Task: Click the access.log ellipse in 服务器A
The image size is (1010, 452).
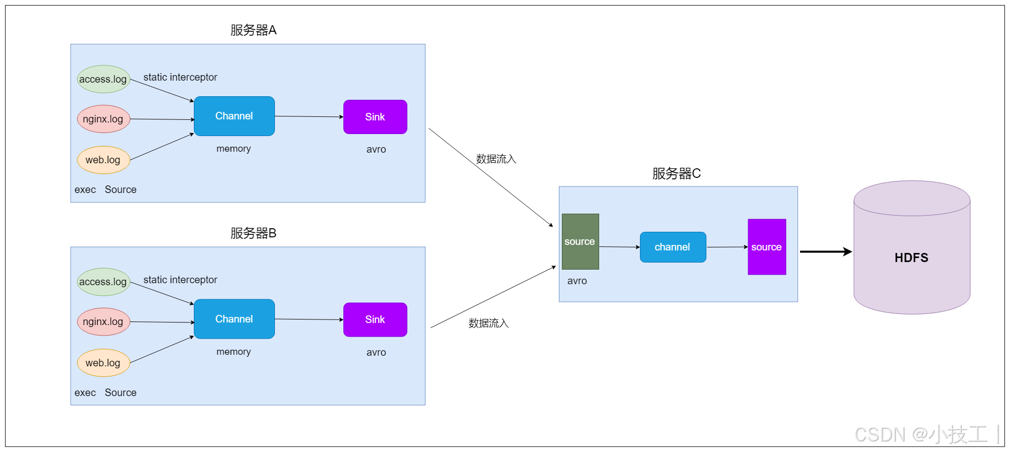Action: [103, 79]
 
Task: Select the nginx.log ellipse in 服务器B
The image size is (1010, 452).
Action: [103, 321]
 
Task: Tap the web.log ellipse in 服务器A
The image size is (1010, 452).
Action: [103, 160]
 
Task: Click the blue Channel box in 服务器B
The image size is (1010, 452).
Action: [234, 319]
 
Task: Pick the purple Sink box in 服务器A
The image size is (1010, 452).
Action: [375, 117]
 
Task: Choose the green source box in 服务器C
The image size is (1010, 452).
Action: [580, 241]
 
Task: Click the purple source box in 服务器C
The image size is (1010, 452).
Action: [766, 247]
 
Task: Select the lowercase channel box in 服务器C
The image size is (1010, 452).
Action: [673, 247]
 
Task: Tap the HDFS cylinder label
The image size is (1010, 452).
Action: [911, 257]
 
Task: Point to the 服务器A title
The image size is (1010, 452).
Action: [253, 30]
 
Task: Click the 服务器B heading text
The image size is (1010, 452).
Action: [253, 233]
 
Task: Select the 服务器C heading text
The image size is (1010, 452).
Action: [676, 174]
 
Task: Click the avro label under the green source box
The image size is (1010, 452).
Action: [577, 281]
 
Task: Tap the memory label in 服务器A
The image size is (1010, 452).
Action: [234, 149]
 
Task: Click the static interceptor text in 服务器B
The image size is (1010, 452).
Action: [180, 280]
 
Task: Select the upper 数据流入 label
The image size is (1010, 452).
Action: [496, 159]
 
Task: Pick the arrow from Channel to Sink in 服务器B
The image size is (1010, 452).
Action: [308, 319]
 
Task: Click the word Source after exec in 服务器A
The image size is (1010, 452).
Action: [120, 189]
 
